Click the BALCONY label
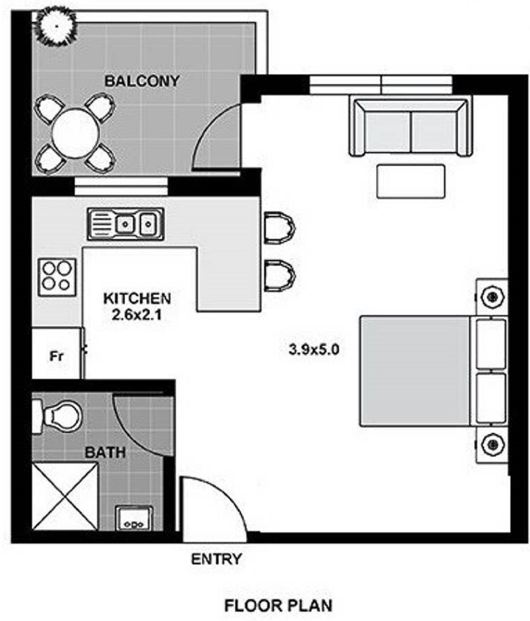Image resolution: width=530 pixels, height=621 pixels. pos(141,81)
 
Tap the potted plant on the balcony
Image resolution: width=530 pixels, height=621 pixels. pos(56,26)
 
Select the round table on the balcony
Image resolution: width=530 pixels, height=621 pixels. pos(75,133)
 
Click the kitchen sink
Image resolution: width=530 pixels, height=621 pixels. pos(126,224)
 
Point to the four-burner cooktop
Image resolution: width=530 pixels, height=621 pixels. pos(57,277)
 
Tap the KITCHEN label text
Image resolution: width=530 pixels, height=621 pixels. pos(137,299)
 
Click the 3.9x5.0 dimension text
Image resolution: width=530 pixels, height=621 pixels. pos(314,350)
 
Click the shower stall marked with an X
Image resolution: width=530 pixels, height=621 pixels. pos(65,496)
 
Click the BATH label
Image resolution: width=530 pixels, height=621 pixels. pos(105,452)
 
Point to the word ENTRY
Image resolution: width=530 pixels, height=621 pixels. pos(216,559)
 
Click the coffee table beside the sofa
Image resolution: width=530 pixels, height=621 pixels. pos(410,181)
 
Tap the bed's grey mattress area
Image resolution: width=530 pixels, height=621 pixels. pos(415,371)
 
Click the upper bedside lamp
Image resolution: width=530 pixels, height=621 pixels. pos(492,297)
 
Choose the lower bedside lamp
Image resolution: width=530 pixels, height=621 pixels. pos(492,444)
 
